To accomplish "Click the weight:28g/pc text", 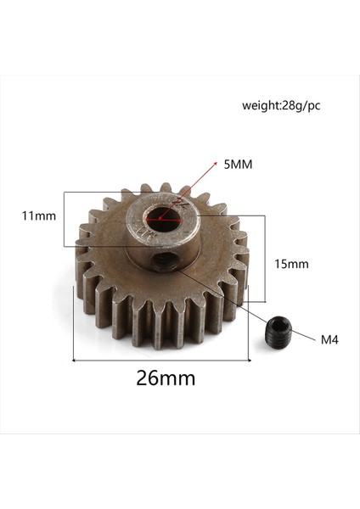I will (x=281, y=106).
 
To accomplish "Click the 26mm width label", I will (x=165, y=378).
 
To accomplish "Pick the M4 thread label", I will (x=330, y=340).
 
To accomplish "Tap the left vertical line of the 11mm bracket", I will (x=65, y=219).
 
